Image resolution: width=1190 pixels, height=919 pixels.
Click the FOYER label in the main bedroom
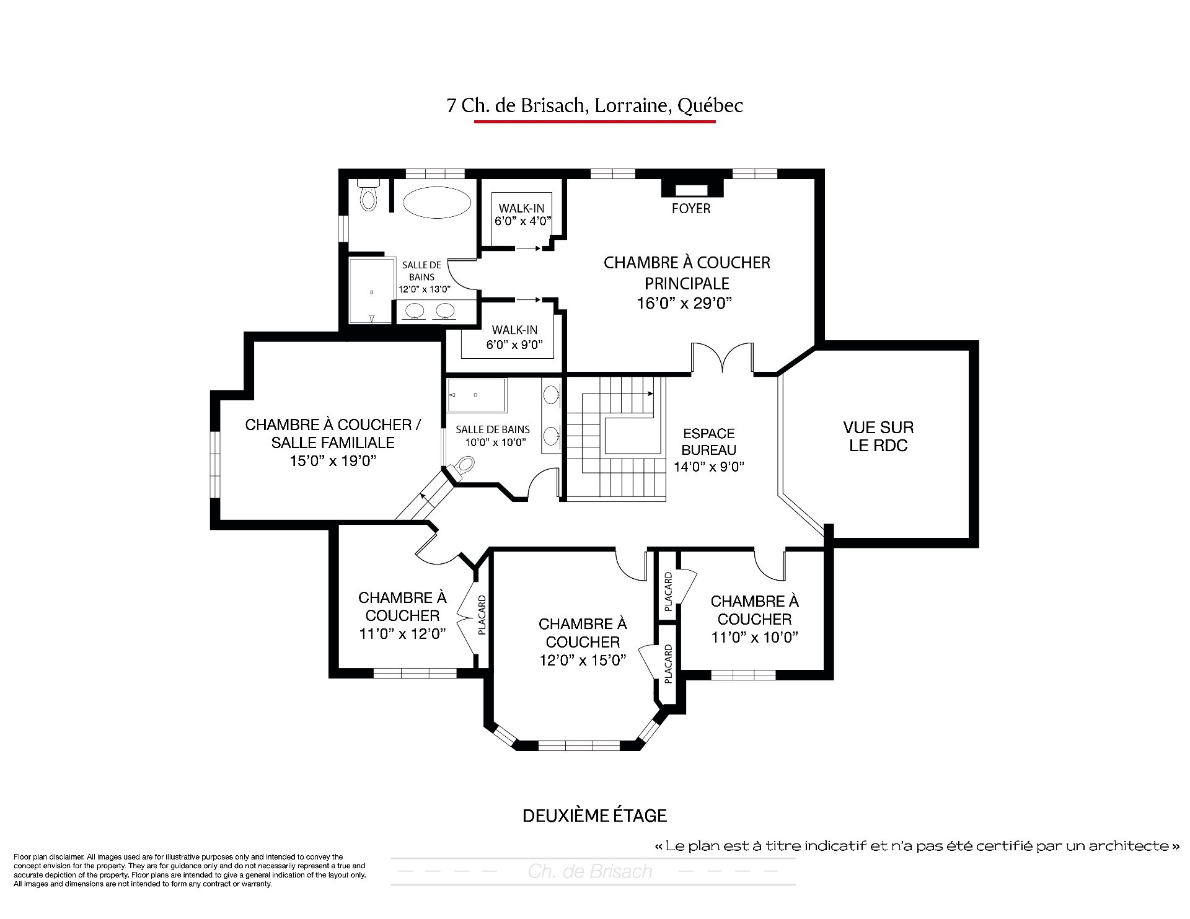click(x=691, y=209)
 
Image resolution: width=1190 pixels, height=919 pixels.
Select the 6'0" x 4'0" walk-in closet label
click(x=522, y=221)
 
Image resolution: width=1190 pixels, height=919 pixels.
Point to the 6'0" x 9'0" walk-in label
click(x=514, y=345)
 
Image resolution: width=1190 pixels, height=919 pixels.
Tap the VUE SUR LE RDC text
click(x=878, y=436)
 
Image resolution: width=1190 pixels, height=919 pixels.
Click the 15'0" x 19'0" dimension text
click(x=333, y=461)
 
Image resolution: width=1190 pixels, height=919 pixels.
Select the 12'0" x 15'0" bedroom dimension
click(x=583, y=660)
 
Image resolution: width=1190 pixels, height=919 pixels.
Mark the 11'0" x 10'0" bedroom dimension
click(x=754, y=637)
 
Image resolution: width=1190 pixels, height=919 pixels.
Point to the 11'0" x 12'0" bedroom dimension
click(x=402, y=634)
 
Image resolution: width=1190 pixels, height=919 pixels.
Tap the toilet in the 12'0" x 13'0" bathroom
click(x=368, y=196)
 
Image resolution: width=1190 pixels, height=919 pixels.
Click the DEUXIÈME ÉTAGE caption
click(x=594, y=816)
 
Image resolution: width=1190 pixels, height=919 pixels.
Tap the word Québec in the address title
click(x=710, y=106)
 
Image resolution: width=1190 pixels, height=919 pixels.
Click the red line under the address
click(x=594, y=121)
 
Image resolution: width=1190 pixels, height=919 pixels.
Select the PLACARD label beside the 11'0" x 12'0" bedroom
click(x=482, y=615)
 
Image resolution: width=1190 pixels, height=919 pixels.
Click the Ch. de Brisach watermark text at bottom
click(x=590, y=871)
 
